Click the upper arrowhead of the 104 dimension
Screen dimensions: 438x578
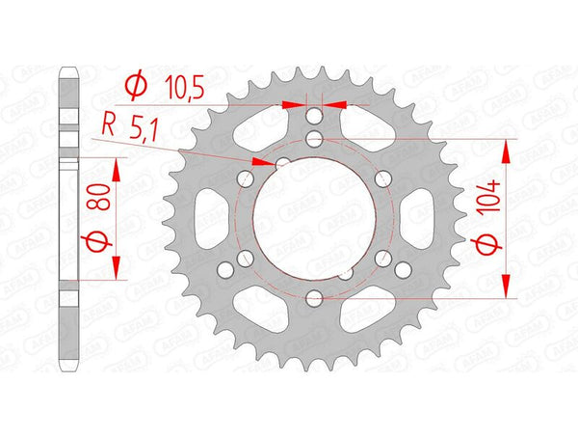pyautogui.click(x=505, y=146)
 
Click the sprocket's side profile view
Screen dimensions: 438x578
pyautogui.click(x=68, y=218)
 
